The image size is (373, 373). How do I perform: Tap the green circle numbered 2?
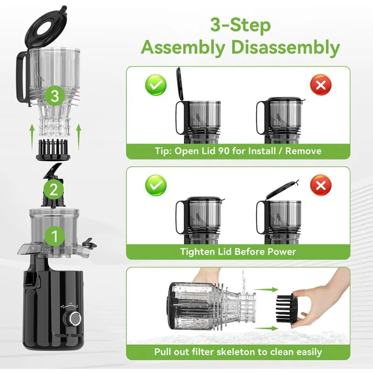53,190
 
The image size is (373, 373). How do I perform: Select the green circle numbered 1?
53,236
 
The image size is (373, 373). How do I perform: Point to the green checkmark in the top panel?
156,86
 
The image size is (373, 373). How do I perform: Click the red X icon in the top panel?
320,86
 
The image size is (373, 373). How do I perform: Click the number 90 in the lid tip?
238,151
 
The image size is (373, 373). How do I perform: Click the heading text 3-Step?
240,26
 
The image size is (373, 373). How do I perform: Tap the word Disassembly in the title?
286,48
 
